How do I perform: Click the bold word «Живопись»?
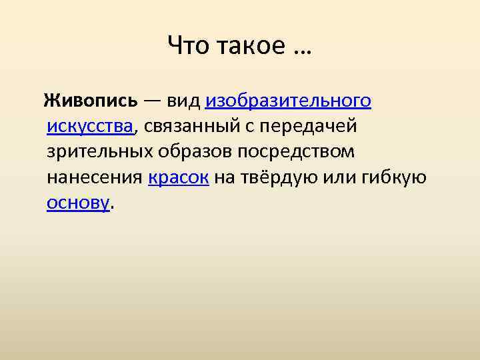(x=91, y=101)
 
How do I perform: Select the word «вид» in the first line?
(x=183, y=101)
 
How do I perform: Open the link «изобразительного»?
(x=288, y=101)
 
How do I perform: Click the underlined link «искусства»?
(x=91, y=126)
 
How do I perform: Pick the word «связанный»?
(x=193, y=126)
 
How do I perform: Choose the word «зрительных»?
(x=99, y=151)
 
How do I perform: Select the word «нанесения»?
(x=95, y=177)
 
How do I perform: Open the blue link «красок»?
(x=179, y=177)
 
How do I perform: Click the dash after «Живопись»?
(x=150, y=101)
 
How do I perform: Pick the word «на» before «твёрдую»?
(x=225, y=177)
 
